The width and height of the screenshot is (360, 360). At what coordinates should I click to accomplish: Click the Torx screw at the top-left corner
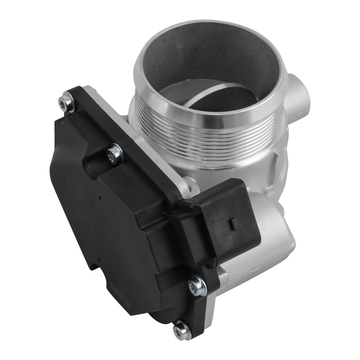[x=66, y=102]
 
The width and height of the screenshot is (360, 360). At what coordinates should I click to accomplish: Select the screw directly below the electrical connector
[x=197, y=286]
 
